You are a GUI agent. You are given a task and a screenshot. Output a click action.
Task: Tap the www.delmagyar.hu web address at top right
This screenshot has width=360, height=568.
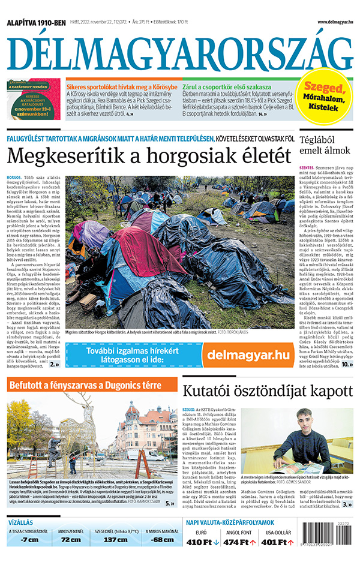(327, 22)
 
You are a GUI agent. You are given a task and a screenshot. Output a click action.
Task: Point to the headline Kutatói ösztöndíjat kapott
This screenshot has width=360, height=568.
(267, 390)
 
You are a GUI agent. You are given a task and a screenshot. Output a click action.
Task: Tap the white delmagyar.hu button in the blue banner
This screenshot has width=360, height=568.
(247, 354)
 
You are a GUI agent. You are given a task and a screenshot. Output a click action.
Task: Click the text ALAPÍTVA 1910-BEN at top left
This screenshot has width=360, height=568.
(36, 22)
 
